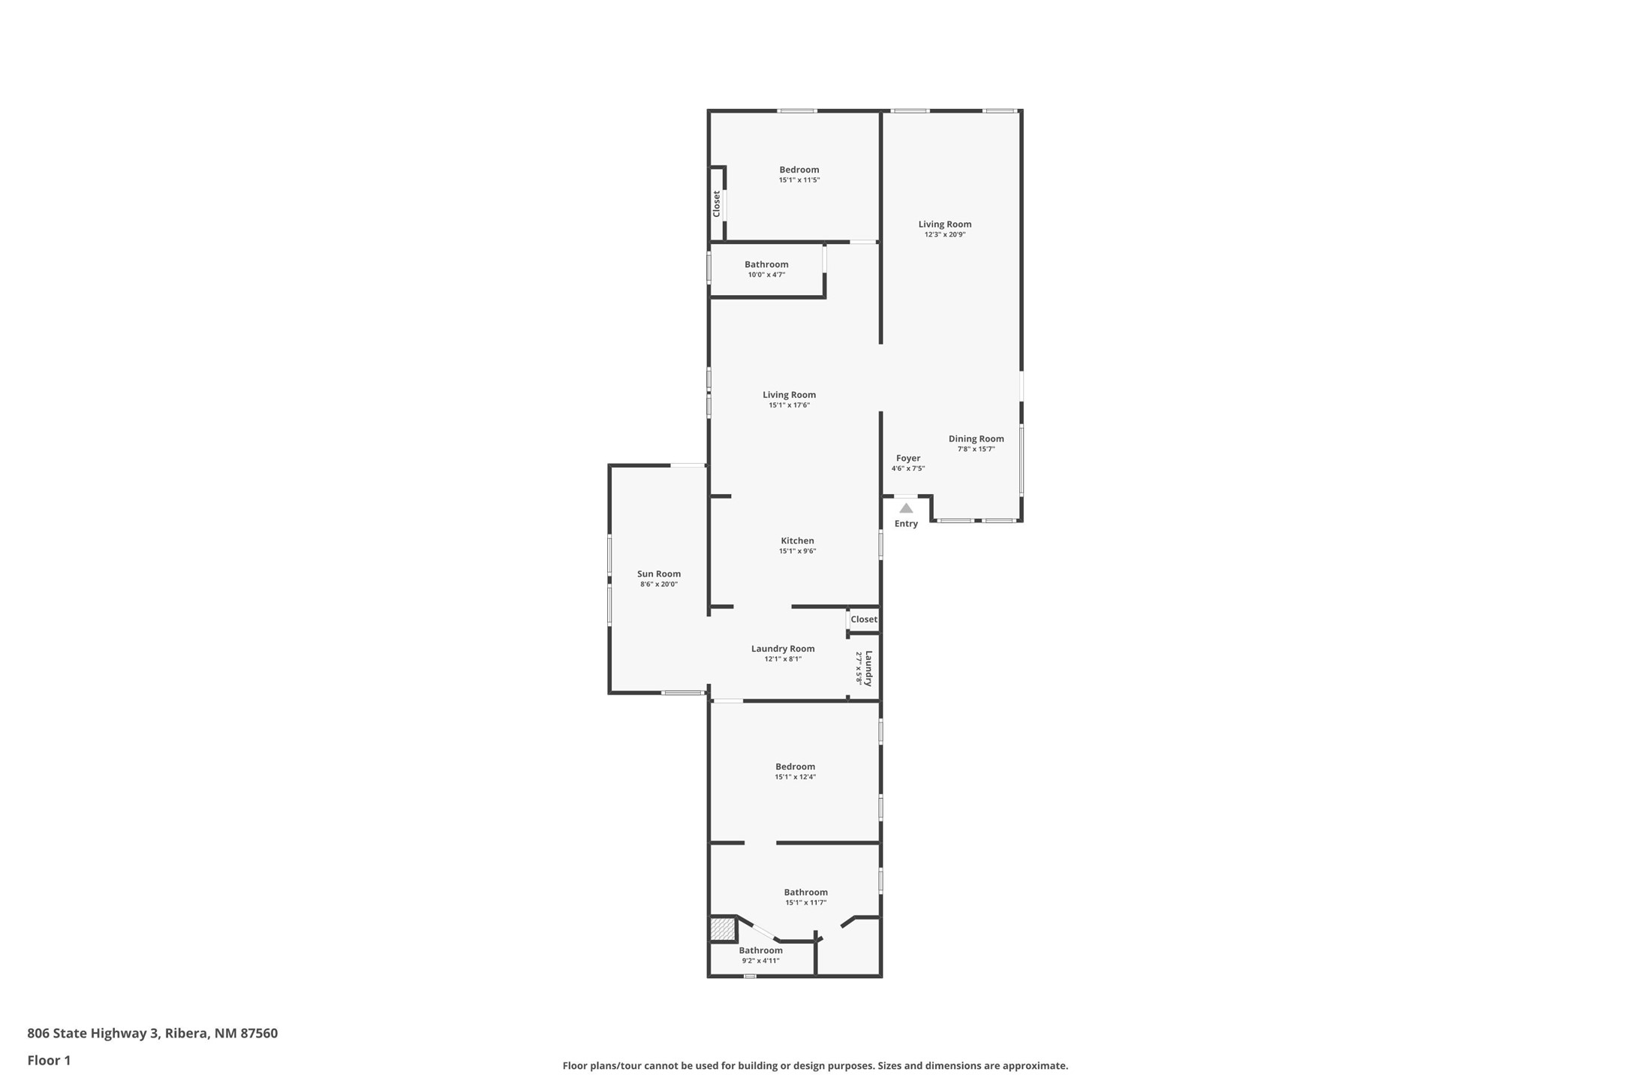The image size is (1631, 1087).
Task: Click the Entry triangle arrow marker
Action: pyautogui.click(x=906, y=508)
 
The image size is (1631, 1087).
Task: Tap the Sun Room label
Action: pyautogui.click(x=659, y=574)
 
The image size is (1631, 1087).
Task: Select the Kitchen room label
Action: pyautogui.click(x=797, y=540)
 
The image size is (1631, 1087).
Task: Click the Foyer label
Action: pyautogui.click(x=908, y=458)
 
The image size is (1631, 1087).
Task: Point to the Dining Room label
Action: pyautogui.click(x=976, y=439)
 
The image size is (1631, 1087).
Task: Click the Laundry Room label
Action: pyautogui.click(x=783, y=649)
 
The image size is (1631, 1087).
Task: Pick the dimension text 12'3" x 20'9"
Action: pyautogui.click(x=945, y=235)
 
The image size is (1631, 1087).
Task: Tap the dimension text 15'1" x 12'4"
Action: pyautogui.click(x=796, y=777)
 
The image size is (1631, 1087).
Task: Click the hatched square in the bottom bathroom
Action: pyautogui.click(x=722, y=929)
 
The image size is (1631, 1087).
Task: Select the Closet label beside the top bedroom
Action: pyautogui.click(x=717, y=204)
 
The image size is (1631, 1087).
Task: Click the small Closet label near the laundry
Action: pyautogui.click(x=864, y=619)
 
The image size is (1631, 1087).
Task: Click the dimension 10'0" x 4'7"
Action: pyautogui.click(x=766, y=275)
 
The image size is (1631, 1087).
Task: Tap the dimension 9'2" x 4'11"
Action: pyautogui.click(x=760, y=961)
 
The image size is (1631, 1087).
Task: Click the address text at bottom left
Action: pyautogui.click(x=152, y=1034)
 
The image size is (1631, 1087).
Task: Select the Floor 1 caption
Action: pyautogui.click(x=49, y=1061)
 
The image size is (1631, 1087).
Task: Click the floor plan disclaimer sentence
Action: pyautogui.click(x=815, y=1066)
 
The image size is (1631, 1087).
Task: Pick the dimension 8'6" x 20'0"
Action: pyautogui.click(x=659, y=584)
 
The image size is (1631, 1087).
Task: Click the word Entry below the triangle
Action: pyautogui.click(x=906, y=524)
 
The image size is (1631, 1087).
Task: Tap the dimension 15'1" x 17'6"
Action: pyautogui.click(x=789, y=405)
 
